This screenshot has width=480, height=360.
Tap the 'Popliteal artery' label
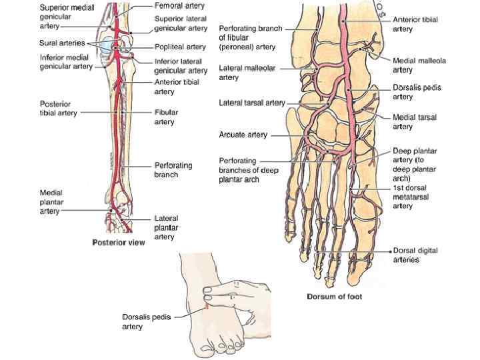[179, 47]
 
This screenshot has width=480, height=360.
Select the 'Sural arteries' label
[61, 43]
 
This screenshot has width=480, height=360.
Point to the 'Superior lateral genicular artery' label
[181, 23]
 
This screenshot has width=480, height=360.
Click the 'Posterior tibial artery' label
[58, 109]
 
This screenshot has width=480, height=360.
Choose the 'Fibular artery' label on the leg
[165, 117]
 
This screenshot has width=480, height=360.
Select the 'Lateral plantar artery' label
[166, 227]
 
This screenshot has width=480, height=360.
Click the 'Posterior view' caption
[119, 243]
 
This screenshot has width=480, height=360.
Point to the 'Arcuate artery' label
[243, 135]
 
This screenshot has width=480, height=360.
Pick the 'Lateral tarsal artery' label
[251, 103]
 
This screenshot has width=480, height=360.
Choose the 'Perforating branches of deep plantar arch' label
[249, 170]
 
